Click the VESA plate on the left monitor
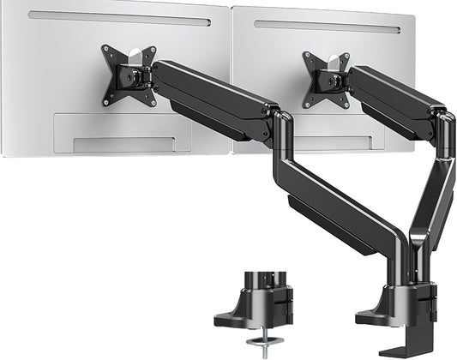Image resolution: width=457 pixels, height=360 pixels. [x=129, y=75]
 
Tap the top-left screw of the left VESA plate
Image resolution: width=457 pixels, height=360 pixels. [x=105, y=51]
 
